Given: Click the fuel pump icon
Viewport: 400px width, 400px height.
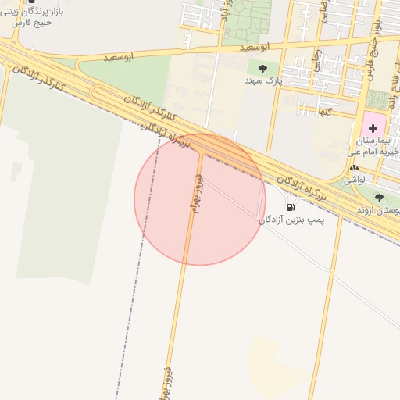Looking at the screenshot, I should pos(291,208).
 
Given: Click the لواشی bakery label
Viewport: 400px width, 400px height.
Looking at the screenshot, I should pos(355,179).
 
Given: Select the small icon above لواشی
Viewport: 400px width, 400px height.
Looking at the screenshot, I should pos(355,168).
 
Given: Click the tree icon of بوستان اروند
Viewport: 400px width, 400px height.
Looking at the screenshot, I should pos(379,198).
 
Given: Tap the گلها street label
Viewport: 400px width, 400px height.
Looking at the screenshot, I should pos(323,112).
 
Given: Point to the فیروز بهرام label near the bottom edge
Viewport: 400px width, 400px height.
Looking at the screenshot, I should pos(166,383).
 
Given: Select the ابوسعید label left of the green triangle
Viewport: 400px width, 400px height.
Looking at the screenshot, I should pos(118,56).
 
